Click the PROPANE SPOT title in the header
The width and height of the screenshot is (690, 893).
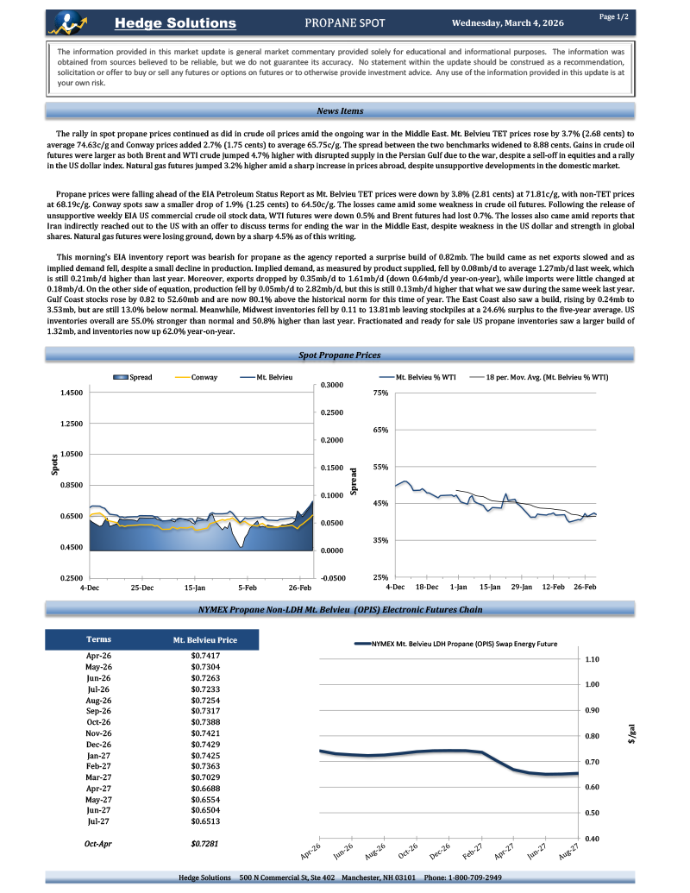(345, 23)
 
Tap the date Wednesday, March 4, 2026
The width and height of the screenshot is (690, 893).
(508, 23)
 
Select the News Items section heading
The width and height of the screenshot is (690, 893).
(340, 111)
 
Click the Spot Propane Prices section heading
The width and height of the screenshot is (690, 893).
(339, 355)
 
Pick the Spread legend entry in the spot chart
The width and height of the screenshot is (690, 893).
(136, 378)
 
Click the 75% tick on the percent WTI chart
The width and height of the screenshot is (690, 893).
(380, 393)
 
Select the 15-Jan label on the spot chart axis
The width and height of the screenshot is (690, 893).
(195, 588)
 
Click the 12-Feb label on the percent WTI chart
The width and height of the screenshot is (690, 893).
(553, 588)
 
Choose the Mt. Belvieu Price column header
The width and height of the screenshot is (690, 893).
(204, 641)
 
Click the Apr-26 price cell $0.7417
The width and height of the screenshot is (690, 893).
(204, 657)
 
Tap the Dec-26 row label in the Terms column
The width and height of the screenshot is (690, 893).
(99, 744)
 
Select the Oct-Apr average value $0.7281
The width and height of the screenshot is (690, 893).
(204, 843)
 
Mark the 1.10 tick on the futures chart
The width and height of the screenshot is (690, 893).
(592, 659)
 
